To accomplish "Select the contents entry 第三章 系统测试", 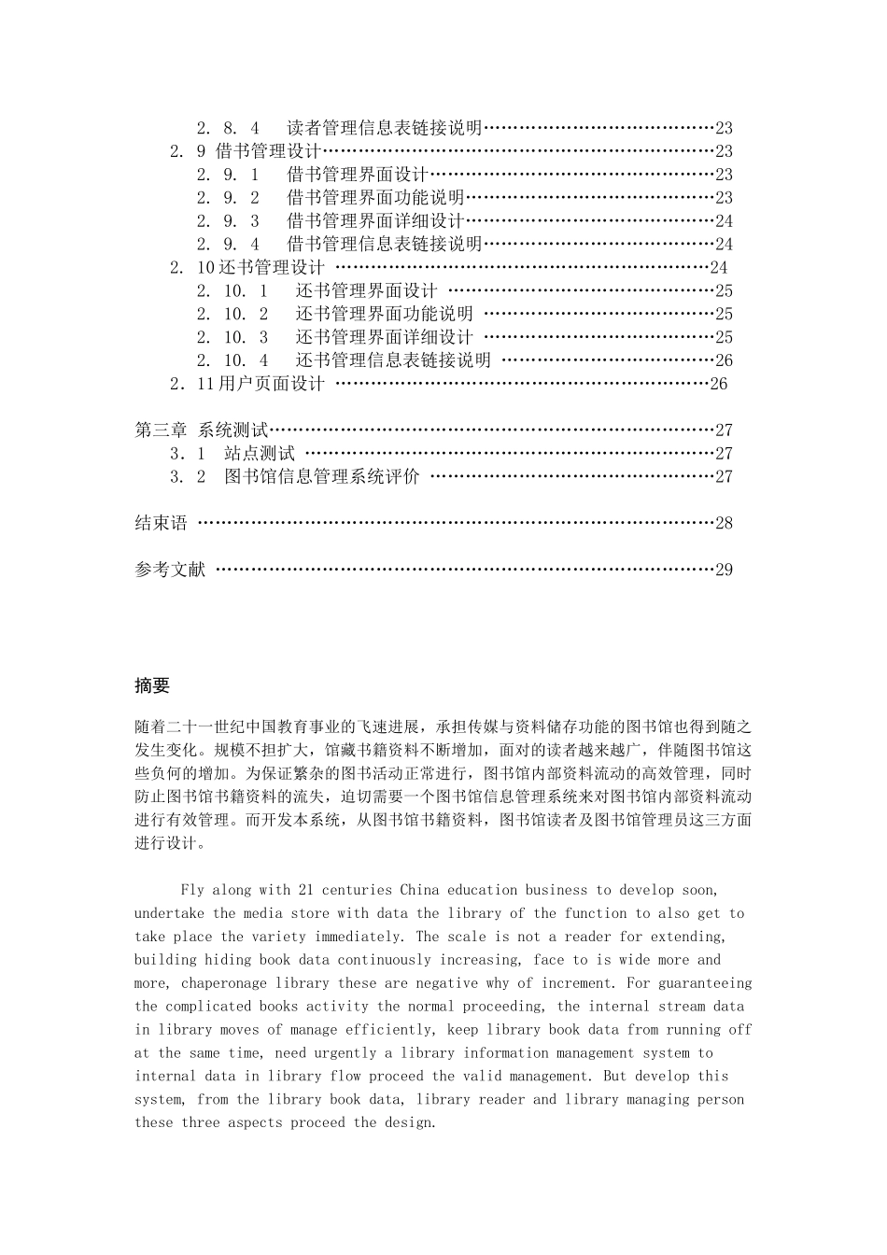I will (x=202, y=430).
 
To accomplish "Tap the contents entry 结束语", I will (x=161, y=523).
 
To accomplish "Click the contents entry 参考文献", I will (x=170, y=570).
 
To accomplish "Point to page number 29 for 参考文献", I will (x=724, y=570).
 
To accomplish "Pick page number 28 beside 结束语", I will (x=724, y=523).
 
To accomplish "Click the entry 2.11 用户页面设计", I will (x=247, y=384).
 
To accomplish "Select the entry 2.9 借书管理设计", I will (x=246, y=151).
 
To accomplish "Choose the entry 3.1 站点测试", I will (x=232, y=454).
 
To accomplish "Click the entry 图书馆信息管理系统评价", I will (x=322, y=477).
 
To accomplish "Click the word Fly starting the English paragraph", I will (x=191, y=890).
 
